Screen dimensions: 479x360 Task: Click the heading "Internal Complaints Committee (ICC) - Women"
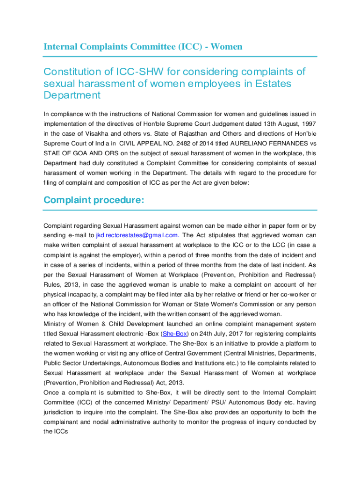tap(143, 46)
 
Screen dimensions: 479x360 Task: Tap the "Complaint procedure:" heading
tap(94, 200)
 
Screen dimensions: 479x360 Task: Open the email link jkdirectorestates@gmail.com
tap(137, 235)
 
